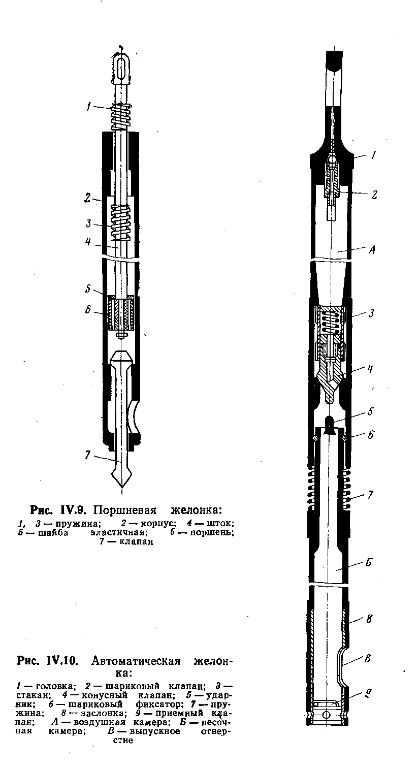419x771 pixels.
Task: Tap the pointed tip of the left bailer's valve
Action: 121,485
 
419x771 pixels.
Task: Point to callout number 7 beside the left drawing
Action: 87,456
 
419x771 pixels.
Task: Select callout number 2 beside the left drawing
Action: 87,198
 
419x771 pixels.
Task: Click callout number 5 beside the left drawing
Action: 88,290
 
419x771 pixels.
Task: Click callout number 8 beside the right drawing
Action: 370,619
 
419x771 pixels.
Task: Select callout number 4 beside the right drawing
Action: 371,370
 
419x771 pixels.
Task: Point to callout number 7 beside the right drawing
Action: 371,495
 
